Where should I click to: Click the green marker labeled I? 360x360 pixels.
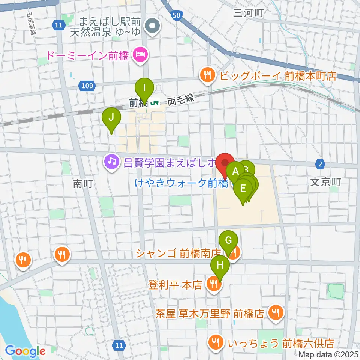[144, 89]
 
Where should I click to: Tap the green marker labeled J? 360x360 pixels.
[111, 118]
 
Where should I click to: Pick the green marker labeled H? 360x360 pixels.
[220, 265]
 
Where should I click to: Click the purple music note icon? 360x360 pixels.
[111, 162]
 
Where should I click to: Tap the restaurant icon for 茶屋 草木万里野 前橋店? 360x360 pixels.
[276, 312]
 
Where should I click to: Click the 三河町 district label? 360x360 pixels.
[248, 13]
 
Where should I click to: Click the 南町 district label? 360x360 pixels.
[82, 184]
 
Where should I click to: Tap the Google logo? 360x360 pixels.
[25, 351]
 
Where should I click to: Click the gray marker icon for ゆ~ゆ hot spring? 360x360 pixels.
[153, 27]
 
